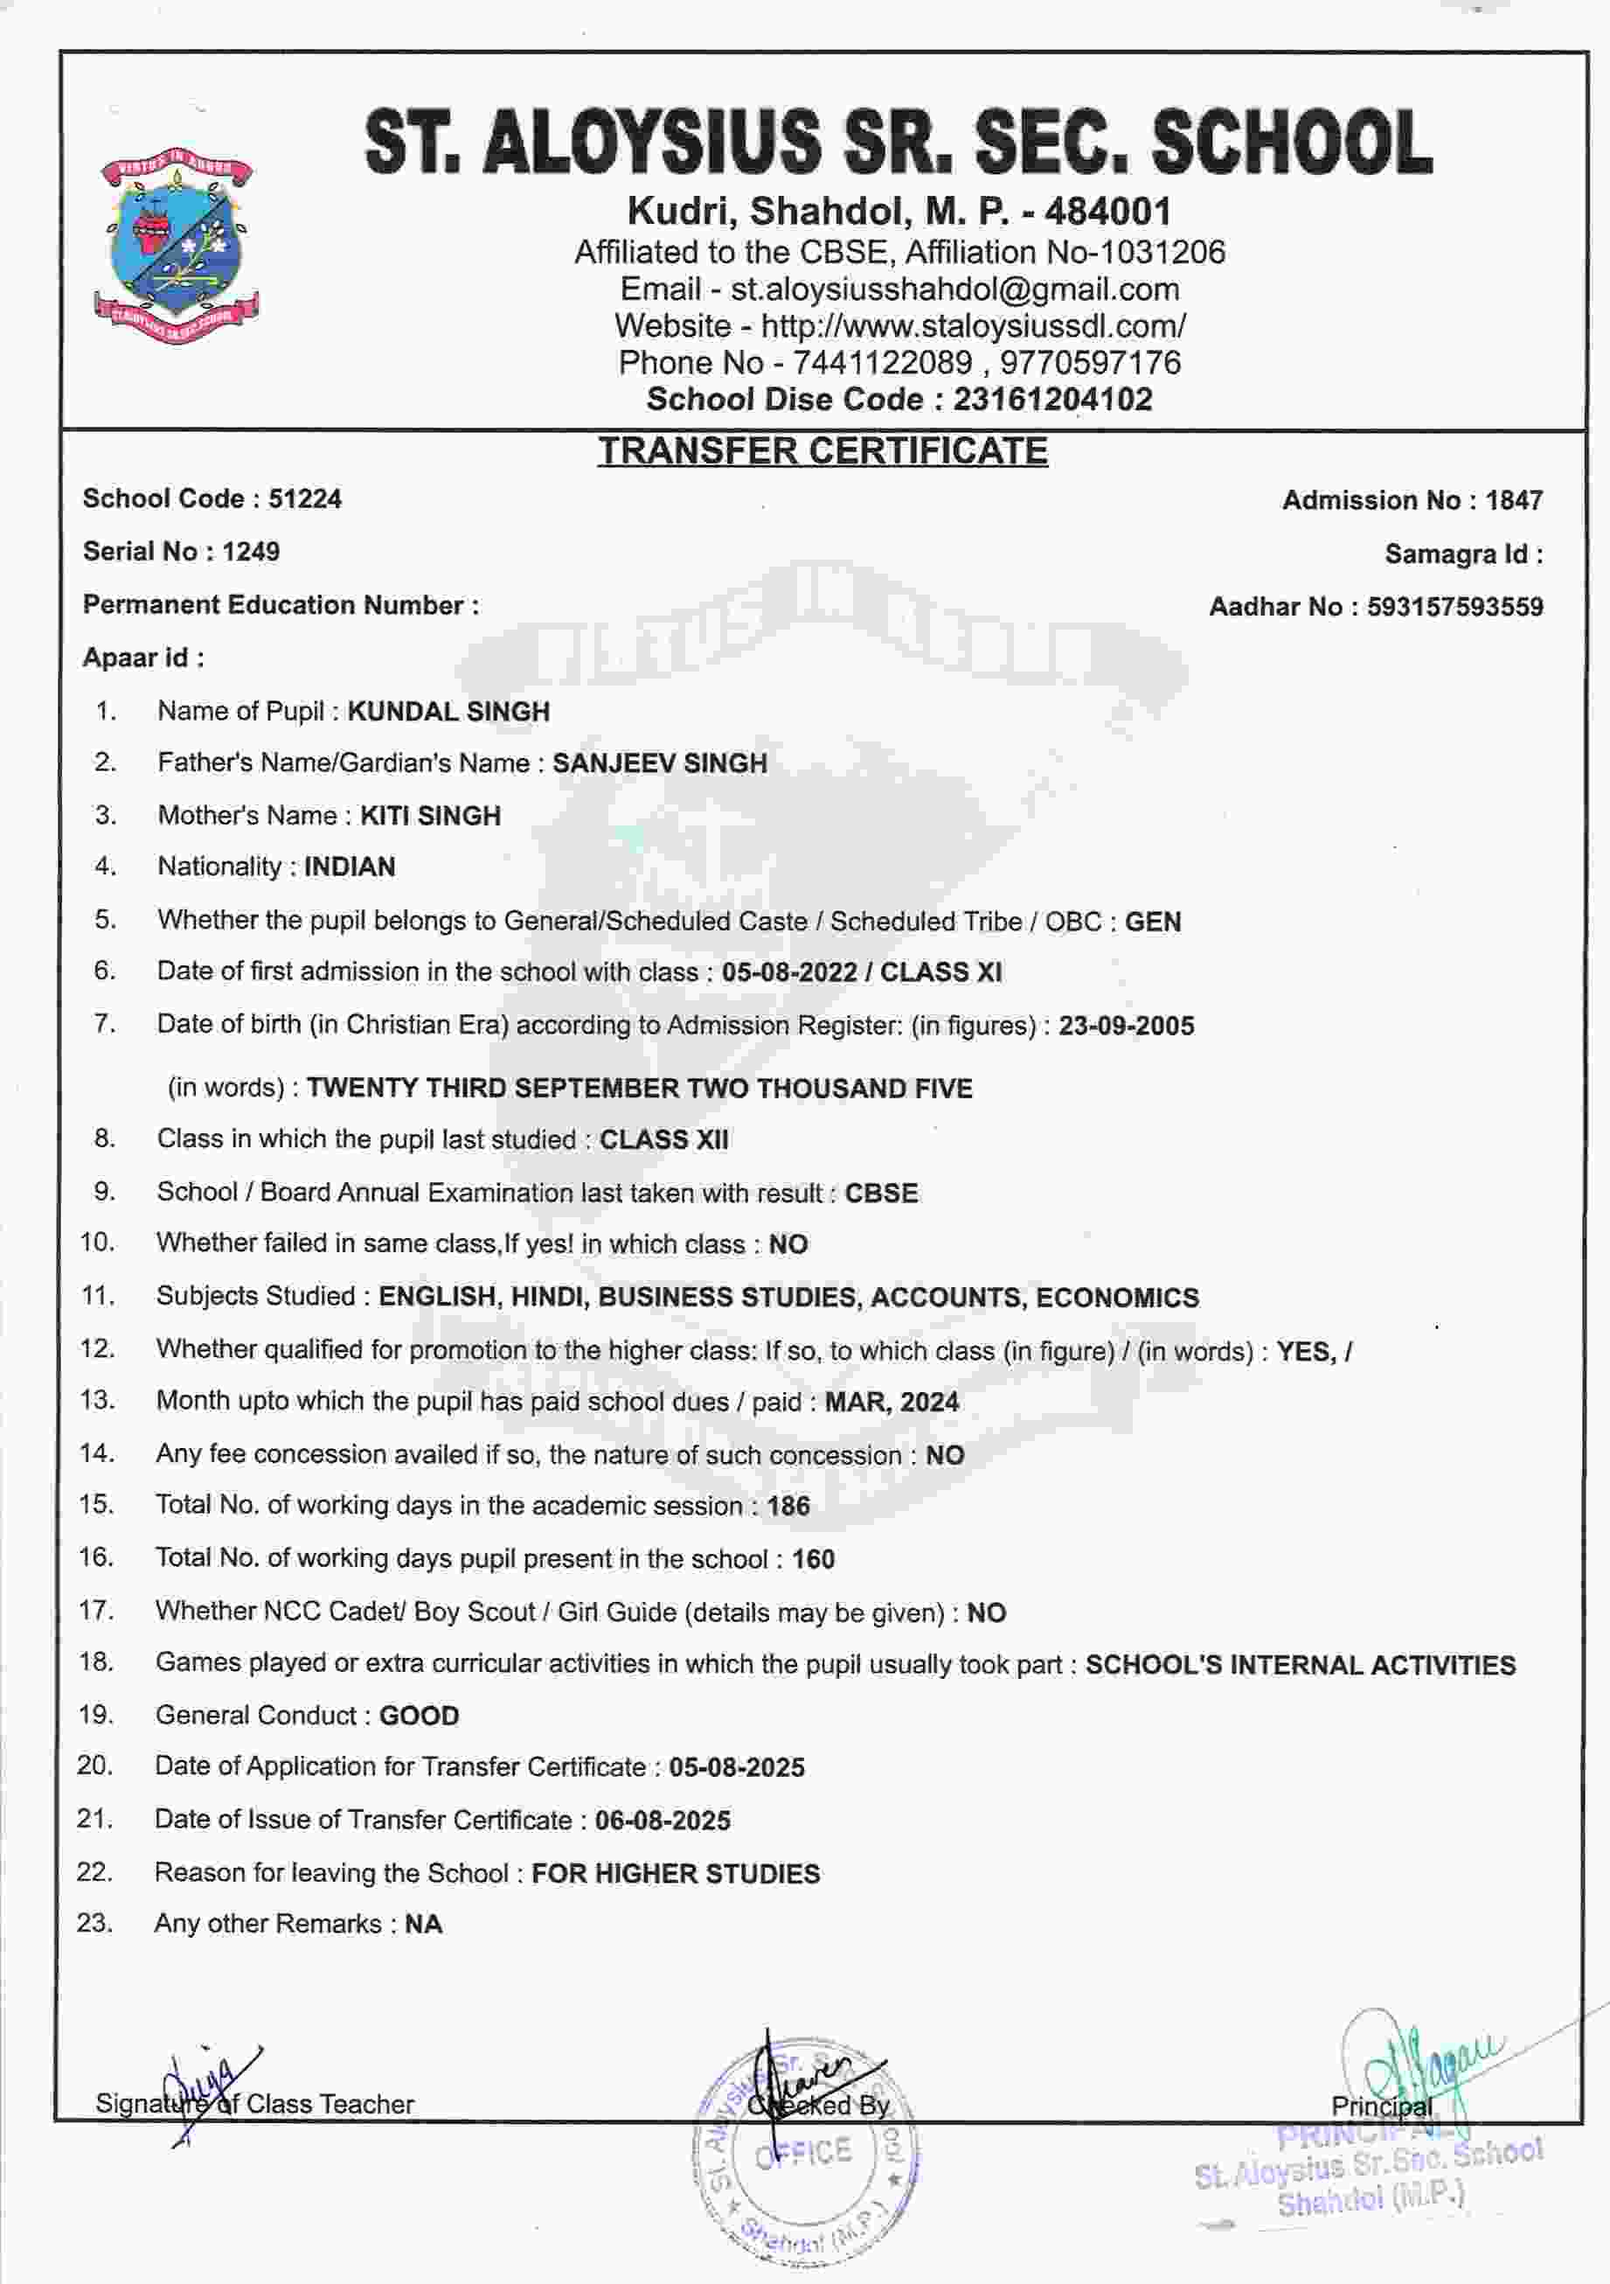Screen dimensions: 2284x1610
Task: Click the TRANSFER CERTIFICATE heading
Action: pyautogui.click(x=822, y=450)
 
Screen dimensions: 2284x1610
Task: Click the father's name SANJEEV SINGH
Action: pyautogui.click(x=659, y=764)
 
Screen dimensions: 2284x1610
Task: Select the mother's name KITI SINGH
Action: pyautogui.click(x=430, y=816)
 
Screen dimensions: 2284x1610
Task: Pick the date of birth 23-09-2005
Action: pyautogui.click(x=1126, y=1026)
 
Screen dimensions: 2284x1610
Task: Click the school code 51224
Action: pyautogui.click(x=304, y=498)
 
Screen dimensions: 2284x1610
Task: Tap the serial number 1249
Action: pyautogui.click(x=251, y=552)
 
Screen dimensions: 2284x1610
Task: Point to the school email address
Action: pyautogui.click(x=954, y=289)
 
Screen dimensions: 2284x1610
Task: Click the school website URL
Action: pyautogui.click(x=973, y=326)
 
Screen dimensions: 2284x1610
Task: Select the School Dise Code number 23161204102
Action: pyautogui.click(x=1052, y=400)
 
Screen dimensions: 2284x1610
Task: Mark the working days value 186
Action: pyautogui.click(x=788, y=1506)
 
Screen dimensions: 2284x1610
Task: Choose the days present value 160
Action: pyautogui.click(x=813, y=1559)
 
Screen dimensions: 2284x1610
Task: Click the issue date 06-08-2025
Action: pyautogui.click(x=663, y=1821)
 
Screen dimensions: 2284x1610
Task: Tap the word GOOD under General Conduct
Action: pyautogui.click(x=419, y=1716)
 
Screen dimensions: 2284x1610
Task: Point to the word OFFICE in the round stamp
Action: pyautogui.click(x=803, y=2154)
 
